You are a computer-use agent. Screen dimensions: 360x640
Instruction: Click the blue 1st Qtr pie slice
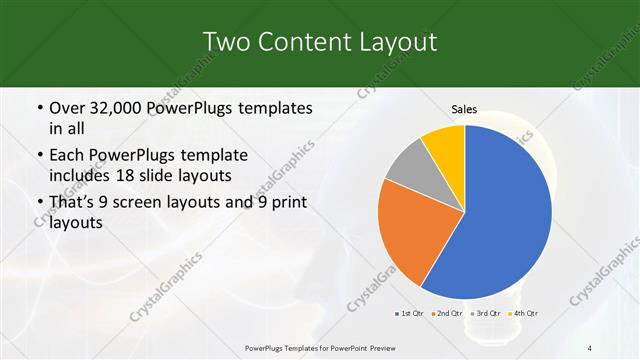505,215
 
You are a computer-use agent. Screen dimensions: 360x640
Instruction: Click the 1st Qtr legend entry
409,314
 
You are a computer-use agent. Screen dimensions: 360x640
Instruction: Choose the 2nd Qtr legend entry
446,314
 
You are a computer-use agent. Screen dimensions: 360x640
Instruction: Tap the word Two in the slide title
225,42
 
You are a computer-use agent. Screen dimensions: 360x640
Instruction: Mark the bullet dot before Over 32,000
39,108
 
